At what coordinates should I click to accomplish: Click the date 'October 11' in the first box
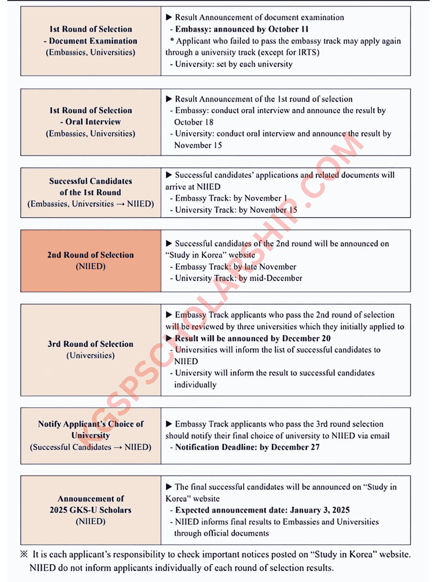pyautogui.click(x=289, y=29)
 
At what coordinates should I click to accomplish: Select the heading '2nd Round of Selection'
pyautogui.click(x=90, y=255)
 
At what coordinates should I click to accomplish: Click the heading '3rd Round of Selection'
pyautogui.click(x=90, y=344)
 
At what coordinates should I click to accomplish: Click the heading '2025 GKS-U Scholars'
pyautogui.click(x=90, y=510)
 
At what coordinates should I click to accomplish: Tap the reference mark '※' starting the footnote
pyautogui.click(x=24, y=554)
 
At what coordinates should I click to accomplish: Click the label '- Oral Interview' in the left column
pyautogui.click(x=90, y=122)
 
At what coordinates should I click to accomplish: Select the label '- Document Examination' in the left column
pyautogui.click(x=90, y=41)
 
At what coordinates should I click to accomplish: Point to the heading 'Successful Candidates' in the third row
pyautogui.click(x=90, y=181)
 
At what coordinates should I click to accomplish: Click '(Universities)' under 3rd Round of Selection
pyautogui.click(x=90, y=356)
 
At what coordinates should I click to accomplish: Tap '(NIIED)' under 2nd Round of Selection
pyautogui.click(x=90, y=266)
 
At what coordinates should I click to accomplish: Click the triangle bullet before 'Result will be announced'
pyautogui.click(x=169, y=338)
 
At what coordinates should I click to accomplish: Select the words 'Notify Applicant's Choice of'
pyautogui.click(x=90, y=424)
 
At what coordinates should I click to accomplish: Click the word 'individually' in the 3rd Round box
pyautogui.click(x=195, y=385)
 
